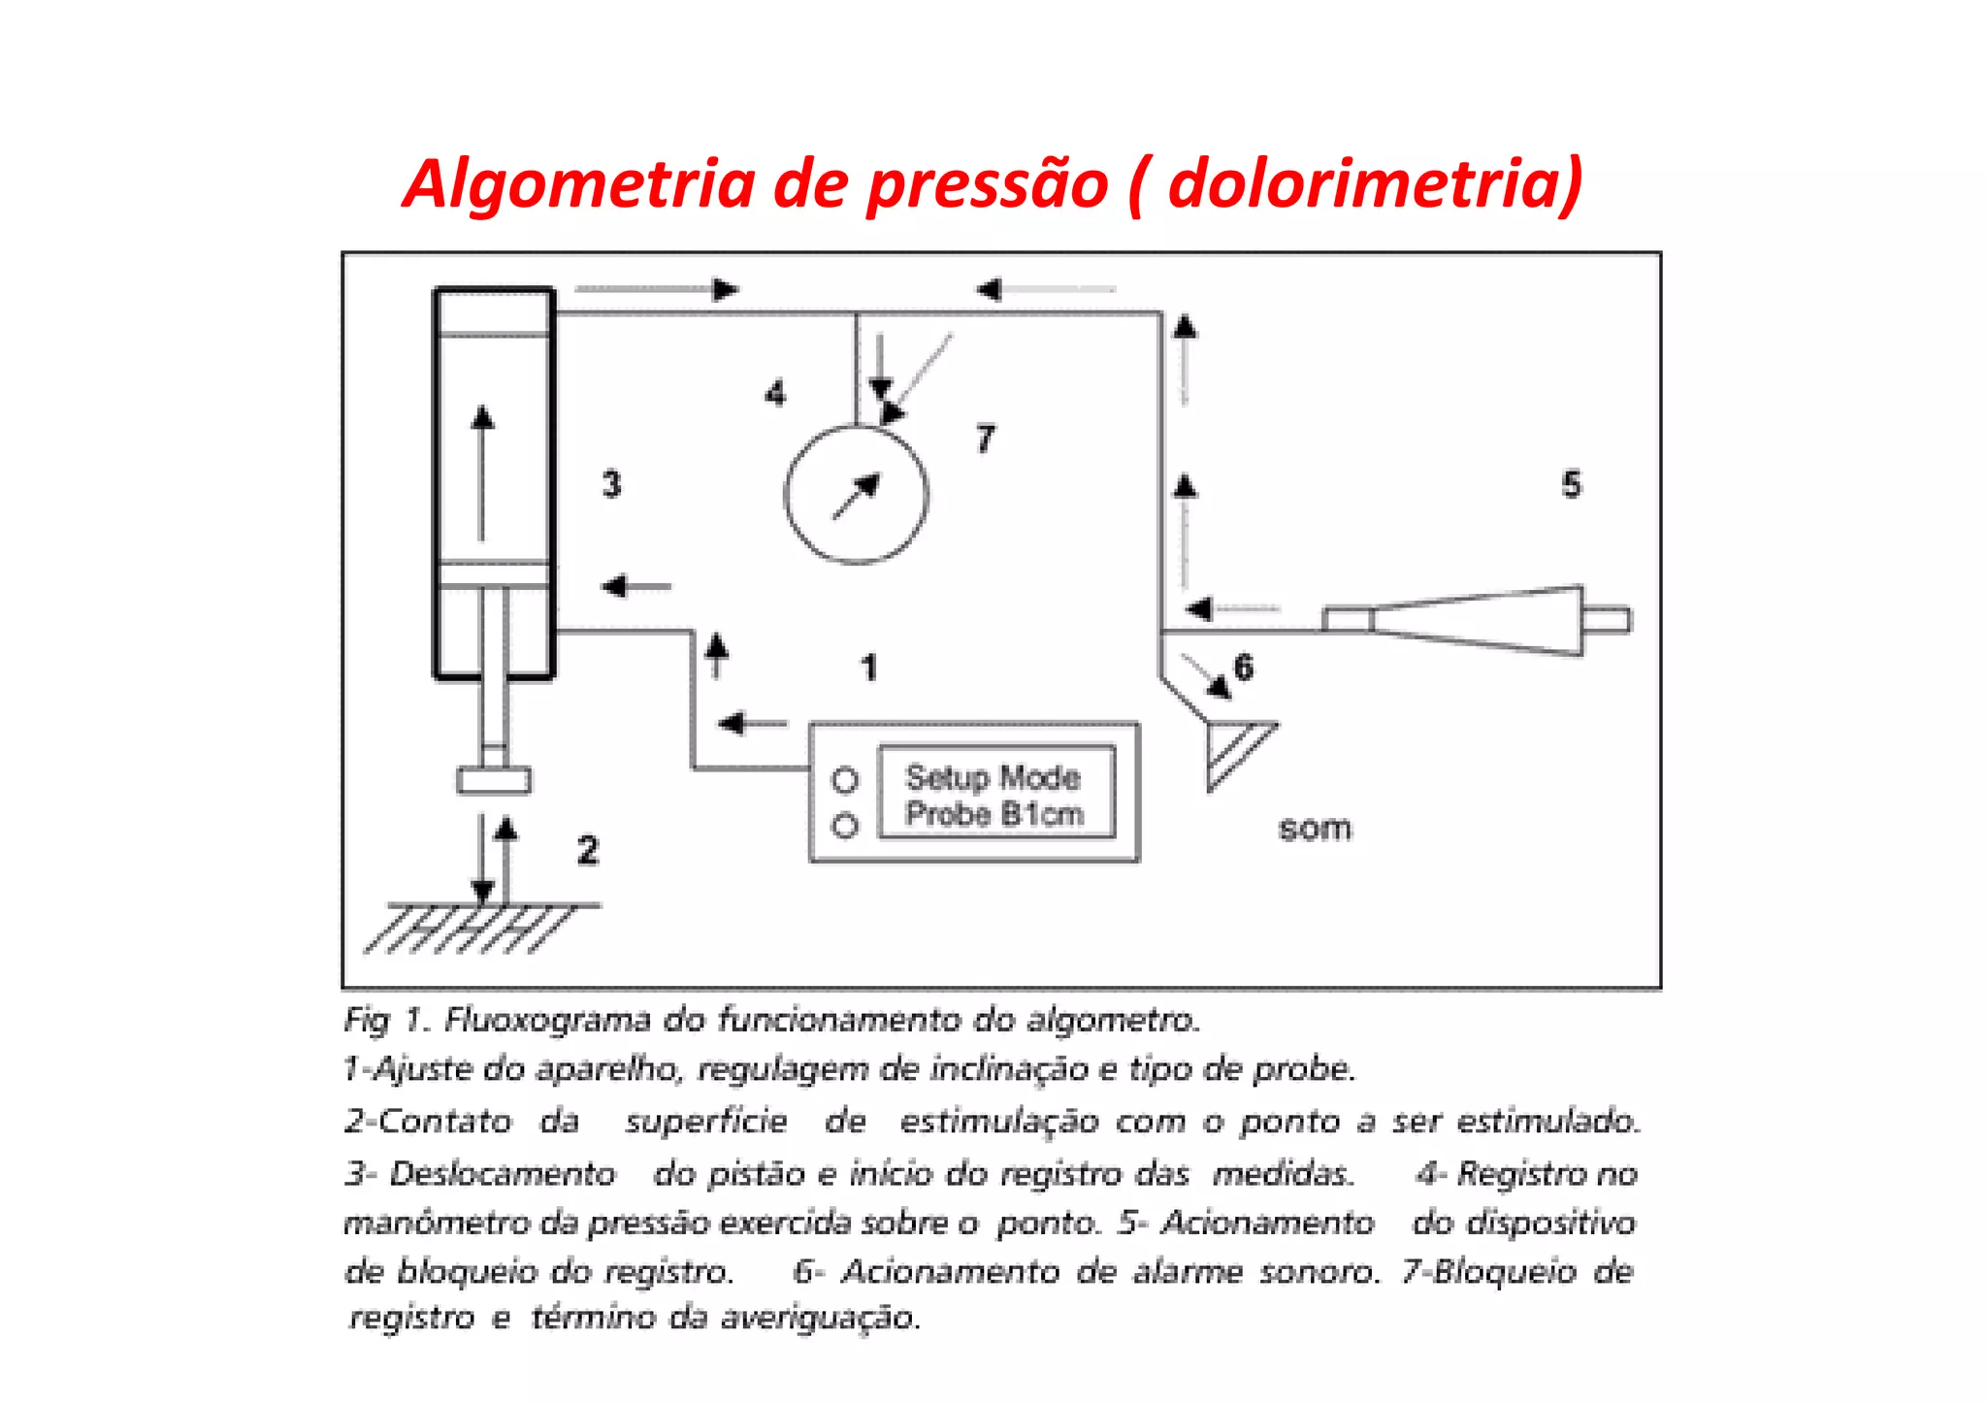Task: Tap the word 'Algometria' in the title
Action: point(579,184)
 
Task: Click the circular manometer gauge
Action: point(856,495)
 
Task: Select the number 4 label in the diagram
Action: point(774,394)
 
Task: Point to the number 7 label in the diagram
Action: point(985,440)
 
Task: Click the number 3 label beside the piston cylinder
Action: point(611,483)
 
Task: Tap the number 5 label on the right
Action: point(1571,484)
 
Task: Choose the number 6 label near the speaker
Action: point(1243,668)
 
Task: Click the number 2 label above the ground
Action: point(588,851)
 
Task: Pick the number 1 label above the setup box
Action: point(869,668)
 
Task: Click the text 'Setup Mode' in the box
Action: point(993,777)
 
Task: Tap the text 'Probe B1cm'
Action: point(994,814)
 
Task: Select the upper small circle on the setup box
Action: point(845,780)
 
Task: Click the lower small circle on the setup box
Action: point(845,826)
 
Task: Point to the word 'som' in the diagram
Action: point(1315,829)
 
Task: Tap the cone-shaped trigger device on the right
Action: point(1480,621)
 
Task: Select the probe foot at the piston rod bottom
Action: point(494,780)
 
